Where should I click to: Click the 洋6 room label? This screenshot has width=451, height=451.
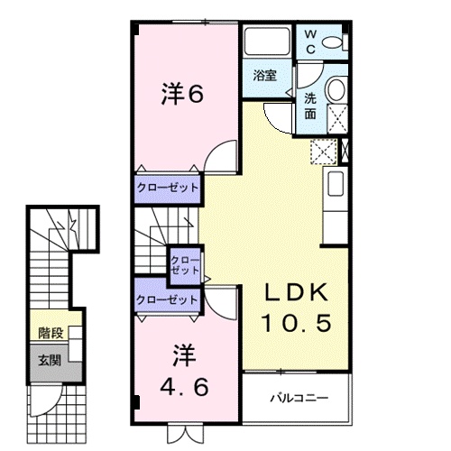[182, 94]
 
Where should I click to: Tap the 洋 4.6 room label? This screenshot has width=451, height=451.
[184, 370]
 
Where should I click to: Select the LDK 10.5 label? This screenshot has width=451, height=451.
[296, 308]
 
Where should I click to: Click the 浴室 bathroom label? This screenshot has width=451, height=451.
[264, 75]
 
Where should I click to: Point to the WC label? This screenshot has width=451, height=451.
[310, 41]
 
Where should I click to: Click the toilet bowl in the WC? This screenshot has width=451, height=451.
[332, 42]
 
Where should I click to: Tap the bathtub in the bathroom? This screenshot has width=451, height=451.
[267, 41]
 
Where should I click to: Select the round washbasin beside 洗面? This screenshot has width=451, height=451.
[336, 89]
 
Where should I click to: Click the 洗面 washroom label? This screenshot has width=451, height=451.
[310, 106]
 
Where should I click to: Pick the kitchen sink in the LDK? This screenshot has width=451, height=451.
[336, 184]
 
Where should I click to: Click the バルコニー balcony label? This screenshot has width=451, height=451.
[299, 399]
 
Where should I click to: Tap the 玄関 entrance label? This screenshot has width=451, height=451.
[50, 360]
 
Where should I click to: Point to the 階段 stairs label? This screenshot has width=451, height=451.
[51, 333]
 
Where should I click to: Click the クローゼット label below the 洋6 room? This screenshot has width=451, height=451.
[168, 188]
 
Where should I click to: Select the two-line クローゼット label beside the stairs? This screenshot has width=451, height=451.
[185, 265]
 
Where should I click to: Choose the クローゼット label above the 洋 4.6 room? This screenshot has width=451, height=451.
[167, 299]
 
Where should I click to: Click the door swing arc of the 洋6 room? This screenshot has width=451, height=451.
[214, 148]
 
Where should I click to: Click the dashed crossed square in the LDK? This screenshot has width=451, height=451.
[324, 152]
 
